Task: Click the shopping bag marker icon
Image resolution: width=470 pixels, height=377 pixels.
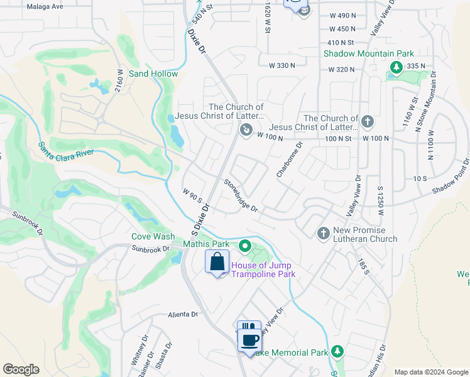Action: pyautogui.click(x=217, y=262)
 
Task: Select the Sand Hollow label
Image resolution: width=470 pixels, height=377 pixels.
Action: pyautogui.click(x=153, y=74)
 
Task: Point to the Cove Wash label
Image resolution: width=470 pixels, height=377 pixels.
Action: pyautogui.click(x=153, y=237)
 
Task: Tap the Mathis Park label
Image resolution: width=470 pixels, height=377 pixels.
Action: pyautogui.click(x=206, y=244)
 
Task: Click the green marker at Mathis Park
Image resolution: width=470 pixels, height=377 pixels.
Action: pyautogui.click(x=246, y=245)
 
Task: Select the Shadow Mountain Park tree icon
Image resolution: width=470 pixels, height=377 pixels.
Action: pyautogui.click(x=396, y=66)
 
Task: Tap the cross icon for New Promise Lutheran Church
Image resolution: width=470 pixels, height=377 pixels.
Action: pyautogui.click(x=323, y=233)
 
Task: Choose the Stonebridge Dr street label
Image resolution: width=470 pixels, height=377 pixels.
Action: pyautogui.click(x=241, y=195)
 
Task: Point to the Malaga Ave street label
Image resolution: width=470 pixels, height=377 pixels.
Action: pyautogui.click(x=46, y=6)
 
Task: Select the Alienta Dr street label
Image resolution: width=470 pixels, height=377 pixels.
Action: pyautogui.click(x=183, y=314)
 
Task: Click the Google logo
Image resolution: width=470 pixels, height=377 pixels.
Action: pyautogui.click(x=21, y=369)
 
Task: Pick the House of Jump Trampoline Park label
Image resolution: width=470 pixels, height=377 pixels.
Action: pyautogui.click(x=263, y=270)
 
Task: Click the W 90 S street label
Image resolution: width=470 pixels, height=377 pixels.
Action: pyautogui.click(x=192, y=195)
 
